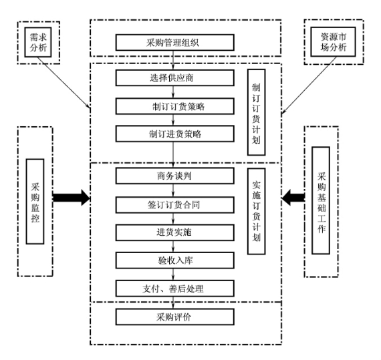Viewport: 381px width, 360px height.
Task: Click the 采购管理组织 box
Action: coord(174,43)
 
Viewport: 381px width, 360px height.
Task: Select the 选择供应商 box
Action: coord(174,78)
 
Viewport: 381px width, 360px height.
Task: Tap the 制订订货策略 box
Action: coord(174,106)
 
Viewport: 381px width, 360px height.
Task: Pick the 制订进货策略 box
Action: coord(174,134)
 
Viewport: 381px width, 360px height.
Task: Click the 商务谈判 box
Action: coord(174,176)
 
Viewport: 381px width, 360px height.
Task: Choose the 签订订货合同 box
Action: coord(174,205)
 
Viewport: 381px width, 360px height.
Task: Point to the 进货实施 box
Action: coord(174,232)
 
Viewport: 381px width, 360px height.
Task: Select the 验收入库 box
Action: coord(174,260)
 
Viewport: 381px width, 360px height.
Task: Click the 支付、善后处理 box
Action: coord(174,289)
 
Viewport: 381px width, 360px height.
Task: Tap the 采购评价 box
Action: coord(174,317)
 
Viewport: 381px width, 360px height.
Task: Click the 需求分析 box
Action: coord(38,42)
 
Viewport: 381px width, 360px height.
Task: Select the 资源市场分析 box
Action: coord(333,42)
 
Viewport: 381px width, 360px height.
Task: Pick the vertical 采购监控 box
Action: coord(35,202)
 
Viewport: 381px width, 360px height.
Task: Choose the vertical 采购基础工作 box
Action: coord(321,200)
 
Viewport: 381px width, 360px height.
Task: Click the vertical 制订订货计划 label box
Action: coord(257,112)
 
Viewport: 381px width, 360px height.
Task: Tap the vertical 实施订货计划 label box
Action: coord(257,211)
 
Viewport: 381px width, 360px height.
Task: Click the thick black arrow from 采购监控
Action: coord(72,198)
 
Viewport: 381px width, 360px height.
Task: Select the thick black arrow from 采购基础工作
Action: coord(293,198)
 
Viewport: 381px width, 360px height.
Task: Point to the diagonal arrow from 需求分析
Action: coord(64,83)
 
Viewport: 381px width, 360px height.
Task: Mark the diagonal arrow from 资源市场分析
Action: coord(309,85)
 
